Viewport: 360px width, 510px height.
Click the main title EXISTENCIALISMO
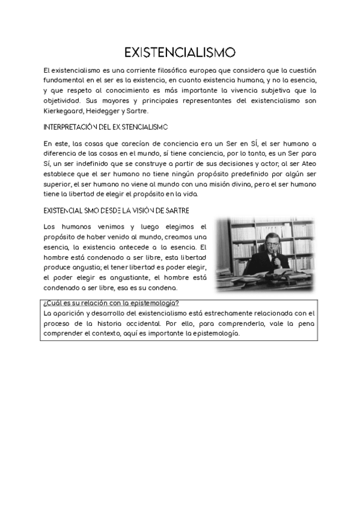(x=180, y=52)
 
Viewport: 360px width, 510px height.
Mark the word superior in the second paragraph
(x=60, y=185)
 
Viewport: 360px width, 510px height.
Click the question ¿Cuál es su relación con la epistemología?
(x=111, y=303)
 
